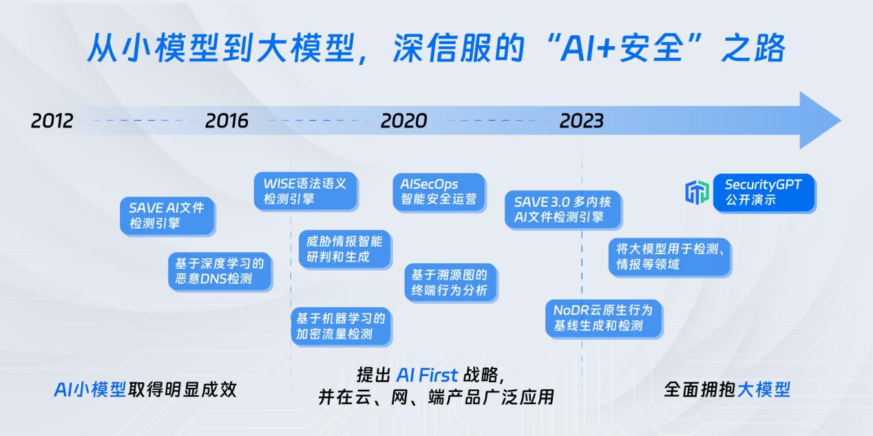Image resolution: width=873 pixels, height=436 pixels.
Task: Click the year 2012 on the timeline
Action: [52, 121]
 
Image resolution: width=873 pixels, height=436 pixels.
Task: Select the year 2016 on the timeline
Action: [227, 121]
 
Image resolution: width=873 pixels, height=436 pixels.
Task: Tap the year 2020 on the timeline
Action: [403, 121]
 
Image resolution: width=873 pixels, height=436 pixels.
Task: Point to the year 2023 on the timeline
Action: [581, 121]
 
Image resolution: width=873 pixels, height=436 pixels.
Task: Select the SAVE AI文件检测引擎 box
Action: [167, 215]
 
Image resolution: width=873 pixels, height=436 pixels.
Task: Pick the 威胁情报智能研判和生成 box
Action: [345, 249]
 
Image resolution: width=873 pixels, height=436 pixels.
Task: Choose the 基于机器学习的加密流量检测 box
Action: [340, 326]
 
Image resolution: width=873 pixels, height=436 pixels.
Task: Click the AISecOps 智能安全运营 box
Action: [439, 191]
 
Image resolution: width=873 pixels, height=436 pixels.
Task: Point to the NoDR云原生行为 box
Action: [603, 318]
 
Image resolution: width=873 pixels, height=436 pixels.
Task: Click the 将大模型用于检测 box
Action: [669, 256]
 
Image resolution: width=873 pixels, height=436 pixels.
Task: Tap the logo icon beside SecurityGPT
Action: [697, 193]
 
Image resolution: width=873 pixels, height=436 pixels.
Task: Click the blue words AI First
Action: [427, 375]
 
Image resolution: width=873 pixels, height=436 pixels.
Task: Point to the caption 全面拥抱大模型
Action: [726, 389]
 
